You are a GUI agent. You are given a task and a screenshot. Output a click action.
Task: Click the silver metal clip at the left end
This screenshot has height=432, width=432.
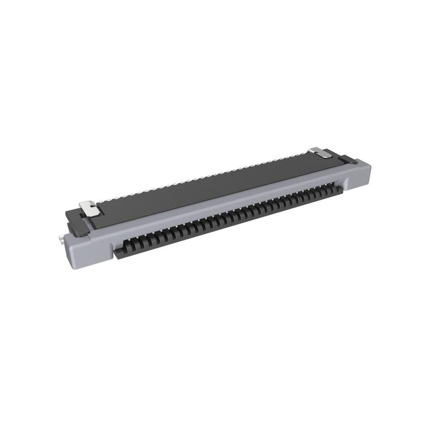point(88,208)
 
